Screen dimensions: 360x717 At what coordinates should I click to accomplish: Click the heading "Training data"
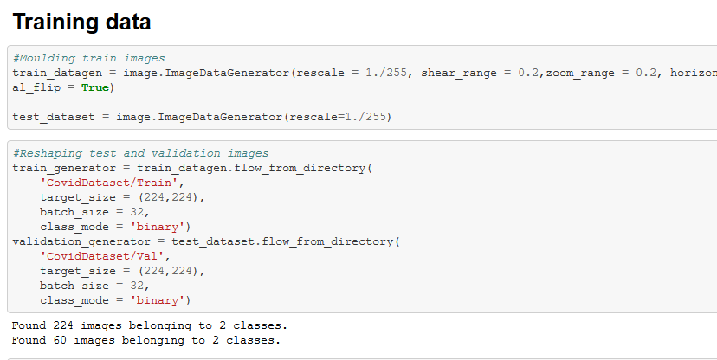point(81,22)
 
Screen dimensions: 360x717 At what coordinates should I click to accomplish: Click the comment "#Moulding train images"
point(88,58)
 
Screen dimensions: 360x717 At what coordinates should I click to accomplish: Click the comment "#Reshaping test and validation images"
point(140,153)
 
